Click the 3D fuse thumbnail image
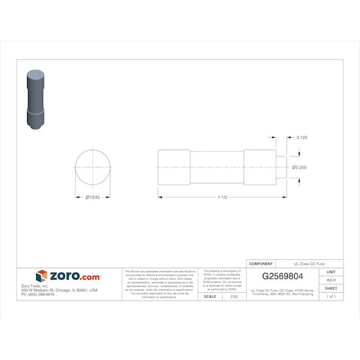click(x=36, y=101)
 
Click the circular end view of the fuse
click(x=93, y=167)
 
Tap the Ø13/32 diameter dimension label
click(x=93, y=197)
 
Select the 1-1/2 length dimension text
click(x=222, y=197)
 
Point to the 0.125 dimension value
click(x=301, y=138)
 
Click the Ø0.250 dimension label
click(x=299, y=167)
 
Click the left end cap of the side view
click(x=174, y=167)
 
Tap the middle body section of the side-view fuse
click(x=217, y=167)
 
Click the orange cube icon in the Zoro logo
click(x=41, y=276)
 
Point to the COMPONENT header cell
click(x=261, y=264)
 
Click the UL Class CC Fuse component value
click(x=309, y=264)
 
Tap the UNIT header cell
click(x=331, y=272)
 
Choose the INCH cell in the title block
click(x=331, y=279)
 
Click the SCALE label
click(x=209, y=296)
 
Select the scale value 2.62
click(x=234, y=296)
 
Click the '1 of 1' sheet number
click(x=331, y=296)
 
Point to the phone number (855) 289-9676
click(x=38, y=294)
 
